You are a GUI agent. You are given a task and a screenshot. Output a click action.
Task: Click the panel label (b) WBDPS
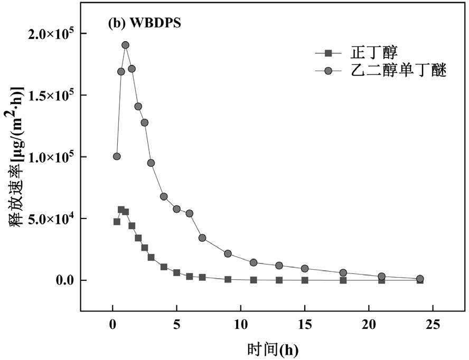coord(144,24)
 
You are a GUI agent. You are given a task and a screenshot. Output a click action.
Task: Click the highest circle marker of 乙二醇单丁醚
coord(125,45)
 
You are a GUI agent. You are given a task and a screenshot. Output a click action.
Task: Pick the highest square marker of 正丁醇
coord(121,210)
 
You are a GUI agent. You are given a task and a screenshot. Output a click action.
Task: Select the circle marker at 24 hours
coord(420,279)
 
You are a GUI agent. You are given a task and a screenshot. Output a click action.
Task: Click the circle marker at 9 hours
coord(228,253)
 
